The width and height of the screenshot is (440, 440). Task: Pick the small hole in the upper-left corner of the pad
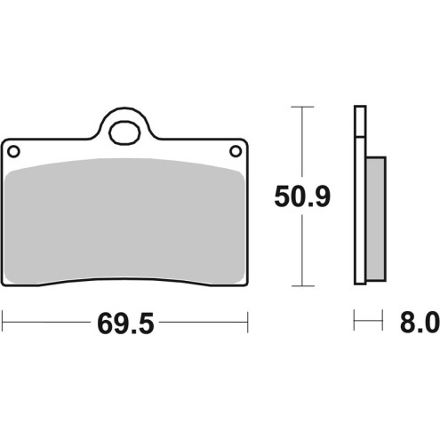tap(14, 151)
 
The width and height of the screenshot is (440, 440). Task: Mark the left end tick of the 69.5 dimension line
tap(4, 320)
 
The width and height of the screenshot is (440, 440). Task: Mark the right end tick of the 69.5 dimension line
tap(248, 320)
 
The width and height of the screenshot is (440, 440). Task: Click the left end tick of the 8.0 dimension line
tap(355, 320)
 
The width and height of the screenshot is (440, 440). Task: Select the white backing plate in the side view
tap(359, 196)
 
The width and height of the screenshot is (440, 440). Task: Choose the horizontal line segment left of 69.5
tap(44, 320)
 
